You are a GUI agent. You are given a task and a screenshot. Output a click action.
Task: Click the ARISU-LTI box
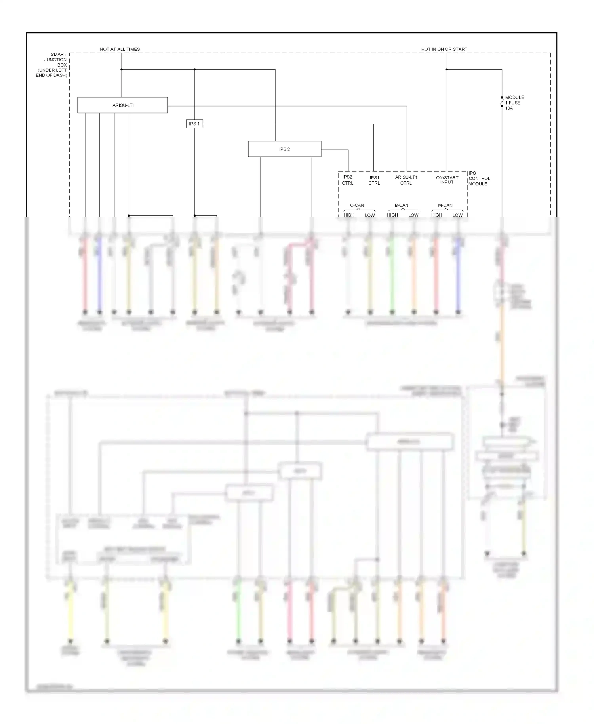click(122, 105)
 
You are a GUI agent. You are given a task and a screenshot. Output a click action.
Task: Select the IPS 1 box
click(194, 124)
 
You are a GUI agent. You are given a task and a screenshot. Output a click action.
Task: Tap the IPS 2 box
click(284, 149)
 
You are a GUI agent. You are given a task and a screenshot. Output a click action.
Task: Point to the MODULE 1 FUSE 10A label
click(514, 103)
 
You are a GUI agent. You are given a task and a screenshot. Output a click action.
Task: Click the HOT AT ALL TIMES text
click(120, 49)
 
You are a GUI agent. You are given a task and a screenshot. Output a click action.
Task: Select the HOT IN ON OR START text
click(444, 49)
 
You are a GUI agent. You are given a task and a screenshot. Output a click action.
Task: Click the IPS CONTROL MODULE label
click(479, 179)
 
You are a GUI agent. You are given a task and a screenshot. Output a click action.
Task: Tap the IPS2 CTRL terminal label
click(347, 180)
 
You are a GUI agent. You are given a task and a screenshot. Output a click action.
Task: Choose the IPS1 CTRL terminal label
click(374, 181)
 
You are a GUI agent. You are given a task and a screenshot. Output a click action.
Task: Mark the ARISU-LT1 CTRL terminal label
click(406, 180)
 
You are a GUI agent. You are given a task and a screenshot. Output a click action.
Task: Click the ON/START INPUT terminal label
click(447, 180)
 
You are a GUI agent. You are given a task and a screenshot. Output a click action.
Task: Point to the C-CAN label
click(357, 205)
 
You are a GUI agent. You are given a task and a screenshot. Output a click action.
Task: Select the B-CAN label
click(401, 205)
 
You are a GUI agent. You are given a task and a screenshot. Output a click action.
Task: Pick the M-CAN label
click(445, 205)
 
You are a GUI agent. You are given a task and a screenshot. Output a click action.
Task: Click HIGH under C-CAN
click(349, 215)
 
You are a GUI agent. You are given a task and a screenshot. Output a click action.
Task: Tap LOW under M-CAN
click(457, 215)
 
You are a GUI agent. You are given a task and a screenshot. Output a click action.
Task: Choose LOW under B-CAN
click(413, 215)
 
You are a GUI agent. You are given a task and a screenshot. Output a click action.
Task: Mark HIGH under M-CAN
click(436, 215)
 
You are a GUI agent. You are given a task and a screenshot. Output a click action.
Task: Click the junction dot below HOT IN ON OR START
click(447, 70)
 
